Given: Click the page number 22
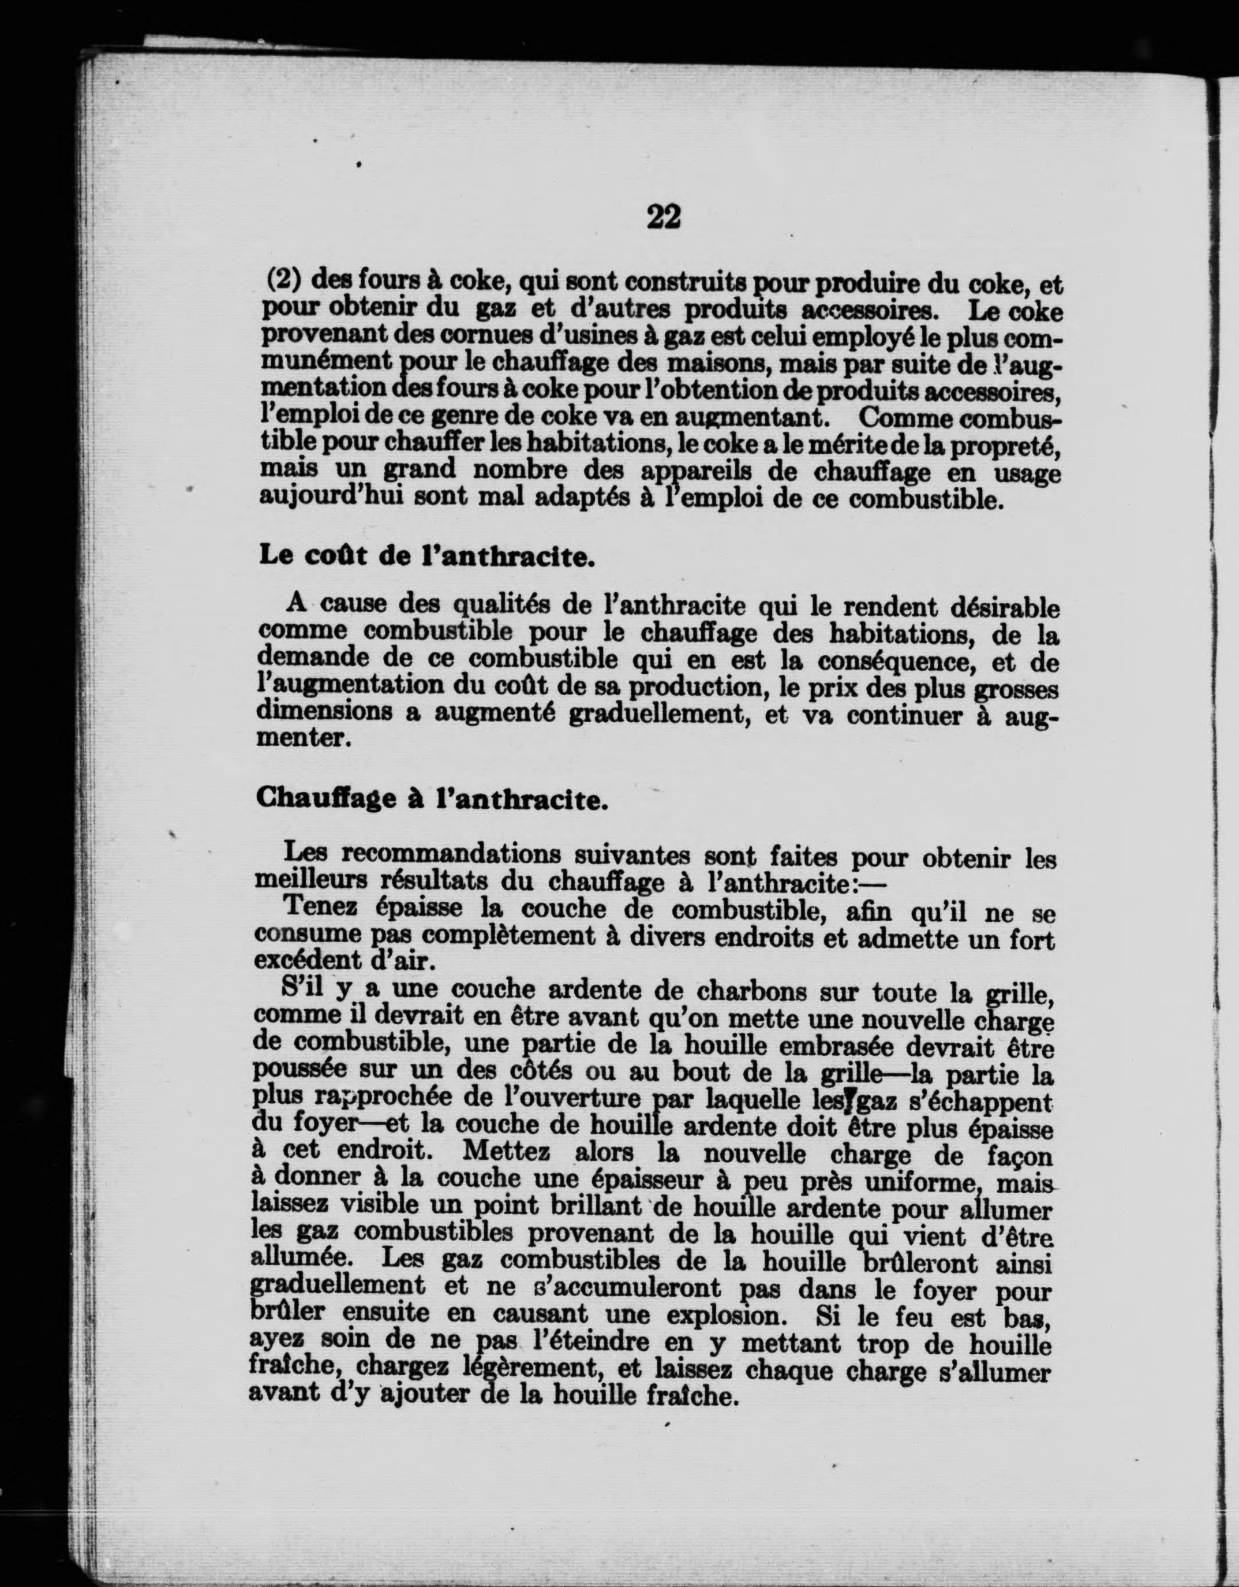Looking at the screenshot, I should point(663,217).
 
